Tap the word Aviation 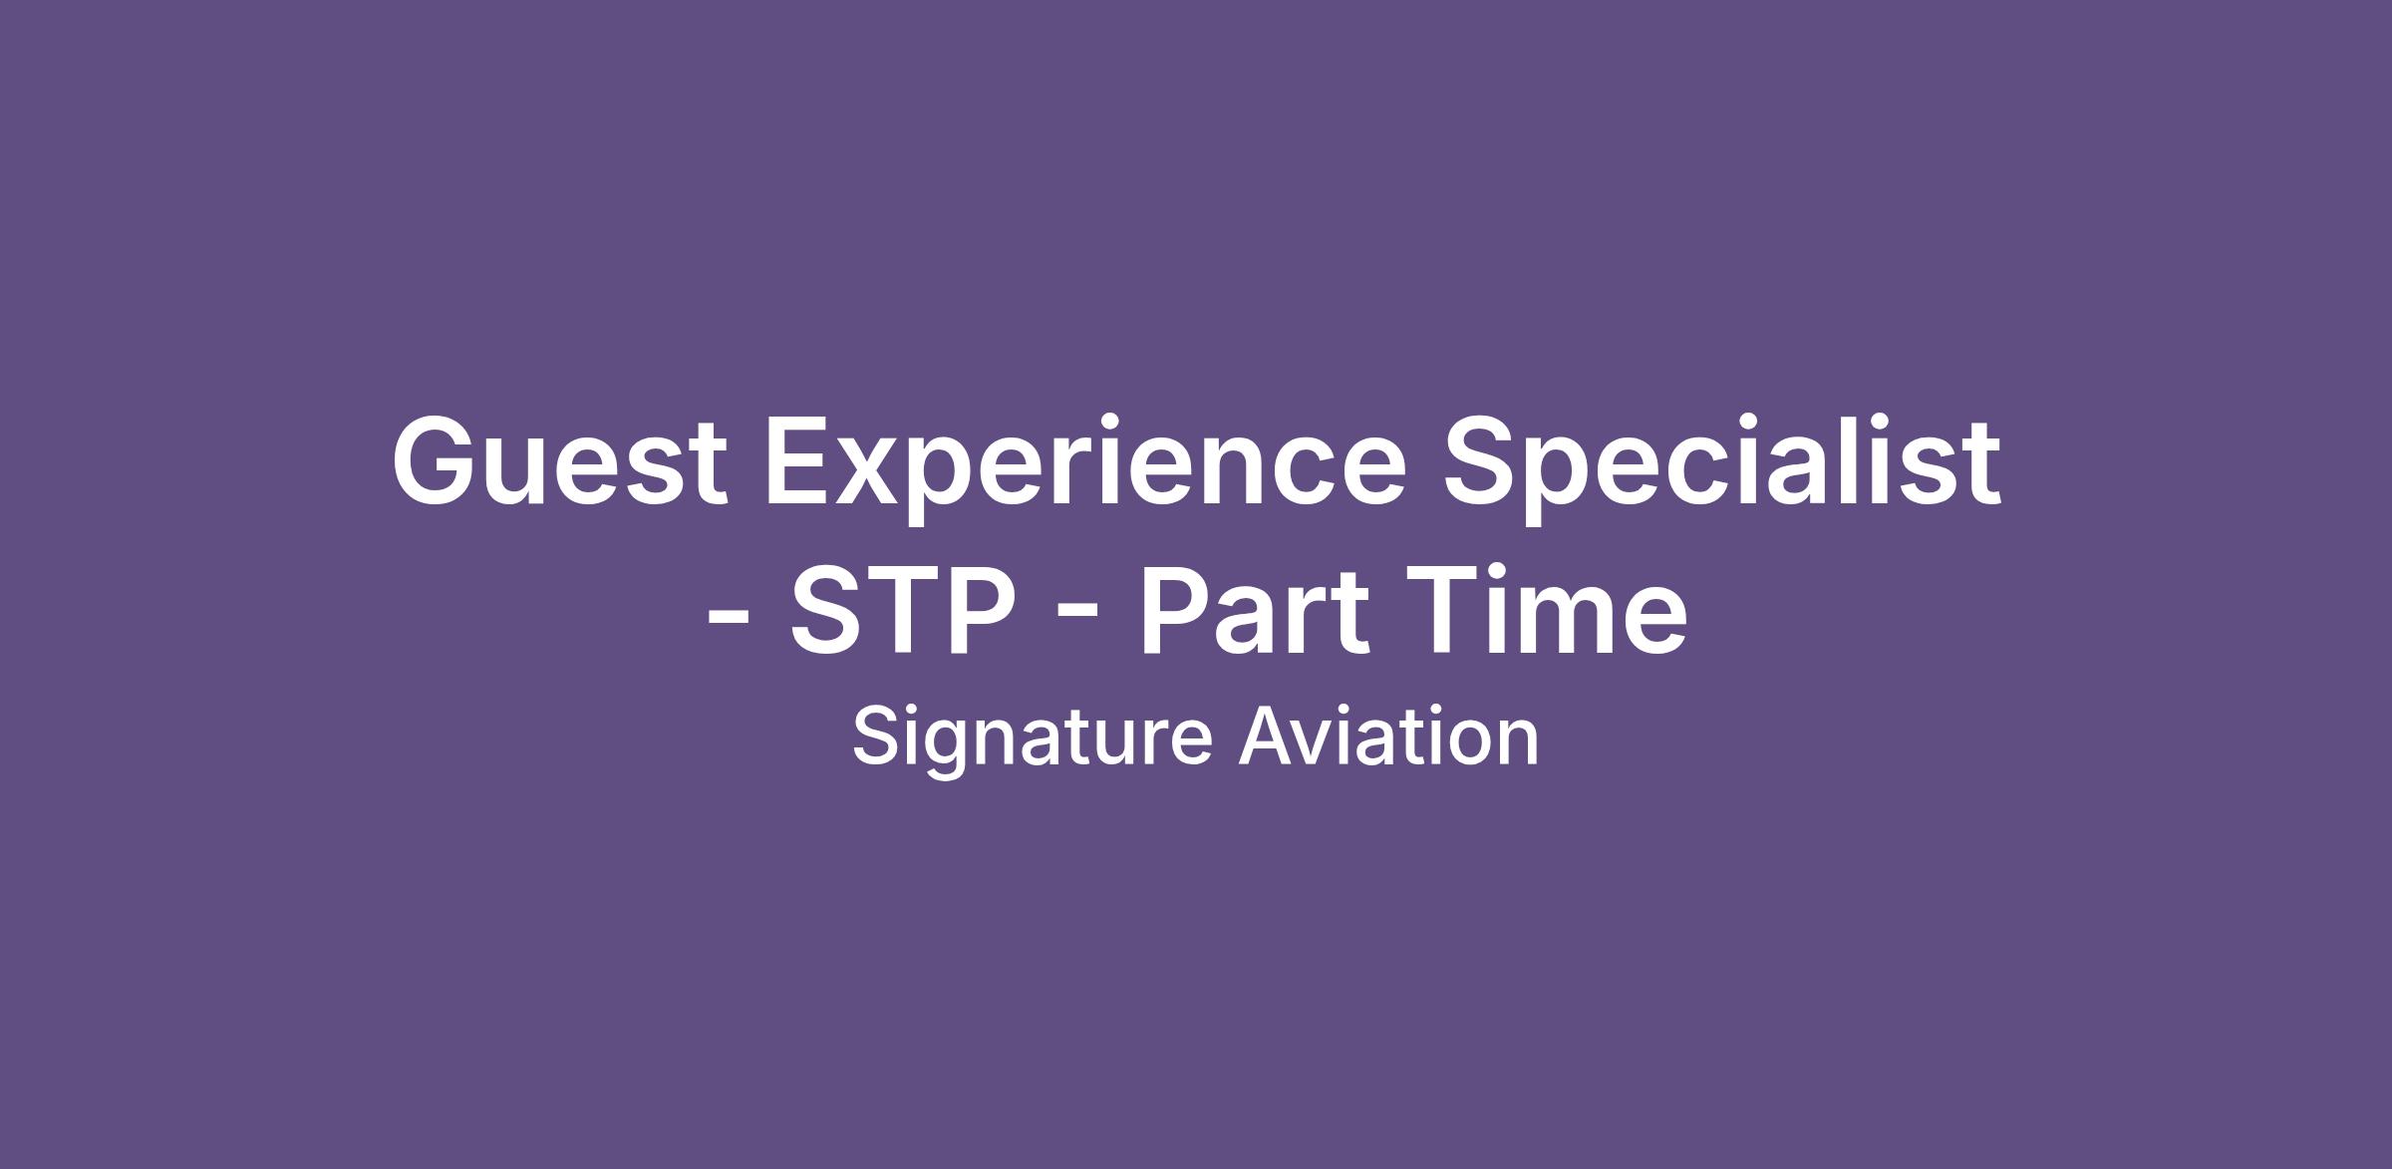click(1388, 735)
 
